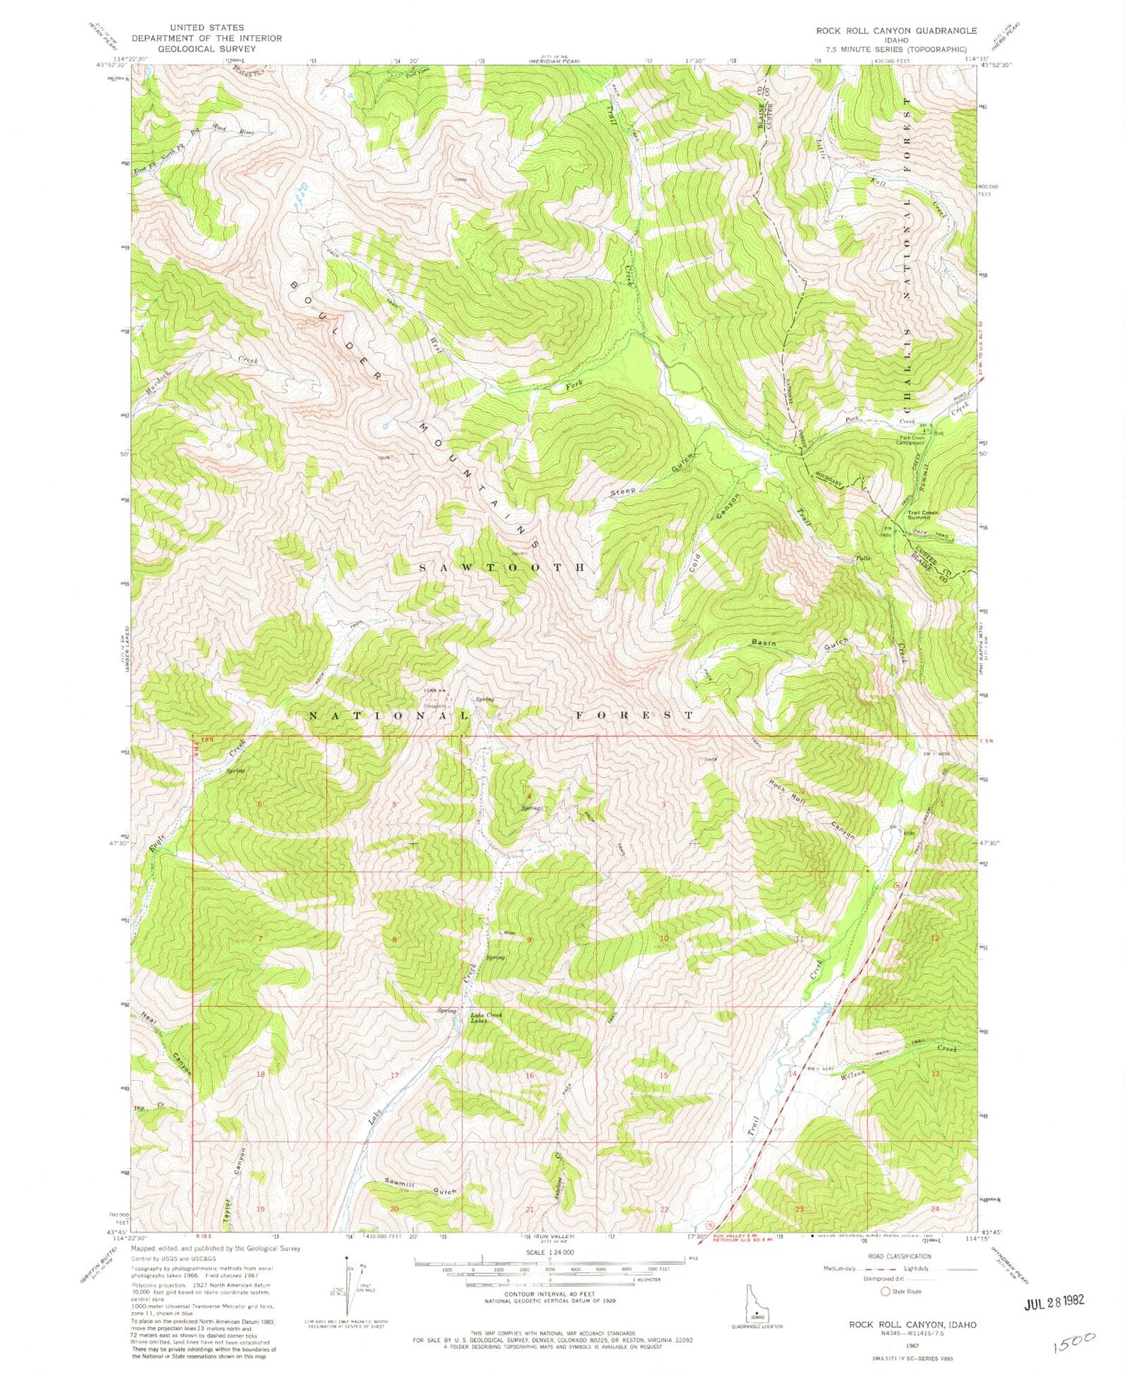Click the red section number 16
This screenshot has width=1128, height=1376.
[529, 1075]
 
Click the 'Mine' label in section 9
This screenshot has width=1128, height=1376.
[510, 933]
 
